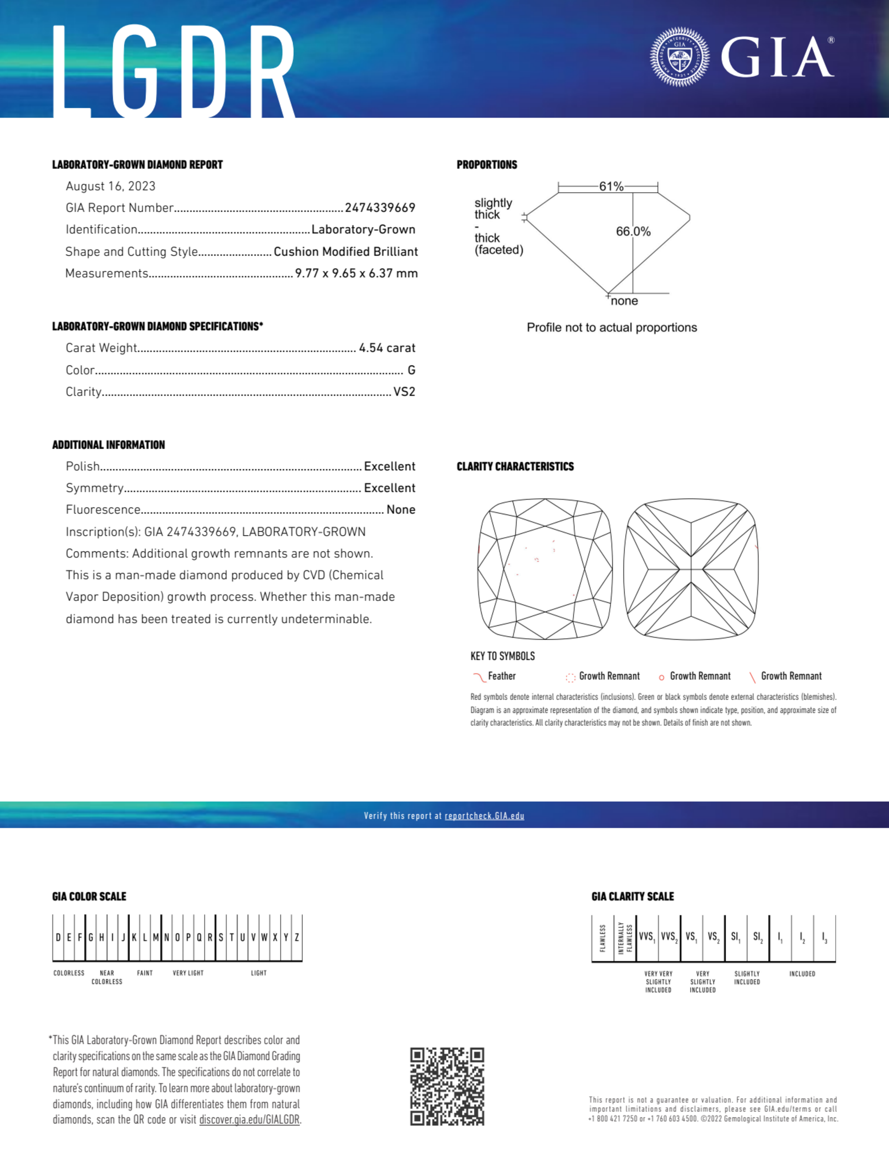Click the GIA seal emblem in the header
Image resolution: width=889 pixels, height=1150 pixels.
click(680, 57)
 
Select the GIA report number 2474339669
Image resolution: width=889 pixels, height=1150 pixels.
click(380, 208)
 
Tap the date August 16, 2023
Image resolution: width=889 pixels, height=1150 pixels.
click(111, 186)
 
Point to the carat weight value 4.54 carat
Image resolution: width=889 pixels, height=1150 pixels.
click(387, 348)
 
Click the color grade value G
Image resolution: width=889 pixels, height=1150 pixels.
click(411, 370)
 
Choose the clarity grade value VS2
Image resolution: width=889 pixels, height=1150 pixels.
click(404, 392)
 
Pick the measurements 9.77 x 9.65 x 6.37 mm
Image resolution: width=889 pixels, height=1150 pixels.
click(356, 273)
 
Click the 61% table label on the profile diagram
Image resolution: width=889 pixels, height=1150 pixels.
click(611, 186)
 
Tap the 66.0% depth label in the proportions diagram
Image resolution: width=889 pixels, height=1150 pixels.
click(633, 232)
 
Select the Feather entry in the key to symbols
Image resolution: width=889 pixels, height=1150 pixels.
click(501, 676)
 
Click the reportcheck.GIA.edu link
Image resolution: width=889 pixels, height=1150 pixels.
click(484, 816)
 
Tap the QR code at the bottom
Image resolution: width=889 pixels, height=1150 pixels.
click(447, 1087)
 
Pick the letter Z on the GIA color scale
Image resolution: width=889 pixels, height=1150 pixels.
click(297, 937)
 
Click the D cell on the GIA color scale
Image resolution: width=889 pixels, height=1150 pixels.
click(58, 937)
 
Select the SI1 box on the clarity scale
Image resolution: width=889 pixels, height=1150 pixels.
click(735, 937)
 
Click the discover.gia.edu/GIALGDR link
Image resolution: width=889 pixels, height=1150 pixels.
click(249, 1120)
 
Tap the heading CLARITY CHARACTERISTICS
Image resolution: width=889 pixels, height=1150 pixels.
click(515, 467)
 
